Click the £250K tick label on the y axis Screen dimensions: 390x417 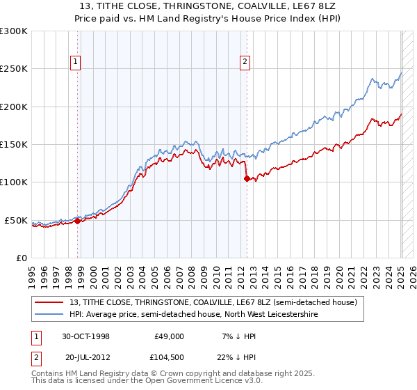click(x=14, y=69)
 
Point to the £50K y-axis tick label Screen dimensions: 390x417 click(x=16, y=220)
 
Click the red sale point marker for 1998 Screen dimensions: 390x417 click(x=78, y=221)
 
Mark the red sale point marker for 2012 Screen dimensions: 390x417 click(x=247, y=179)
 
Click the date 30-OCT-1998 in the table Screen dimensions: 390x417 click(x=85, y=336)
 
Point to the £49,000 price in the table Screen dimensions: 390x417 click(x=167, y=336)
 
